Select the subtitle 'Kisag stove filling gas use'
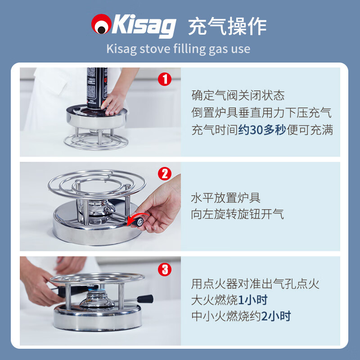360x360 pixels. click(x=178, y=49)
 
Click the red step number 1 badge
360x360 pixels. click(x=165, y=80)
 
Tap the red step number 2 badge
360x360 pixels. click(x=165, y=174)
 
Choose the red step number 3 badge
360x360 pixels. click(x=165, y=269)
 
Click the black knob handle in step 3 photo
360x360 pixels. click(x=145, y=299)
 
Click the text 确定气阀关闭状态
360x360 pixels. click(x=238, y=95)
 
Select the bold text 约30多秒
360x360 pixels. click(x=262, y=130)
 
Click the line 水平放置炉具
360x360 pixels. click(x=226, y=198)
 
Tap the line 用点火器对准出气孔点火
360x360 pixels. click(x=255, y=283)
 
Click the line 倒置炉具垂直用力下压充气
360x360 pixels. click(x=261, y=113)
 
